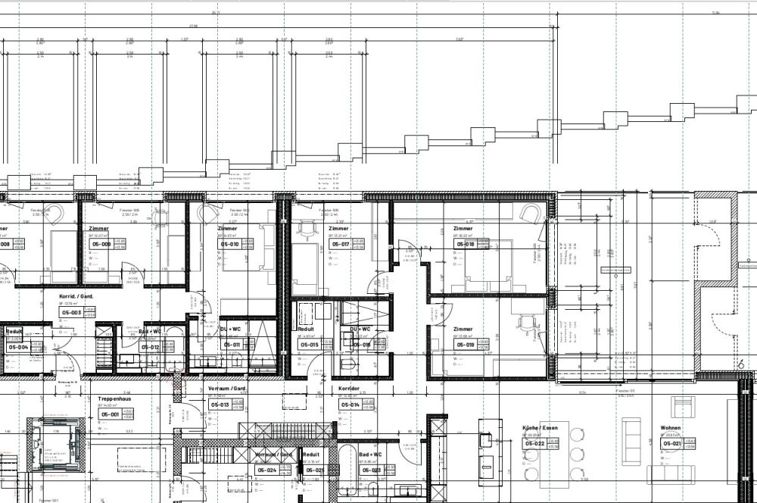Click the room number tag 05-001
pyautogui.click(x=110, y=414)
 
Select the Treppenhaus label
pyautogui.click(x=114, y=398)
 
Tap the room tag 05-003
pyautogui.click(x=71, y=312)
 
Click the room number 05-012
pyautogui.click(x=150, y=348)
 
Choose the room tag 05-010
pyautogui.click(x=229, y=245)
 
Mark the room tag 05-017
pyautogui.click(x=340, y=245)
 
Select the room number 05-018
pyautogui.click(x=465, y=245)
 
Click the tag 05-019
pyautogui.click(x=465, y=345)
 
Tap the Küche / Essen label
pyautogui.click(x=538, y=428)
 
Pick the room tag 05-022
pyautogui.click(x=535, y=443)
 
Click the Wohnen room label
pyautogui.click(x=670, y=428)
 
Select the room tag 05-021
pyautogui.click(x=672, y=443)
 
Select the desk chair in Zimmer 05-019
pyautogui.click(x=525, y=323)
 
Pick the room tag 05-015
pyautogui.click(x=310, y=345)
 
